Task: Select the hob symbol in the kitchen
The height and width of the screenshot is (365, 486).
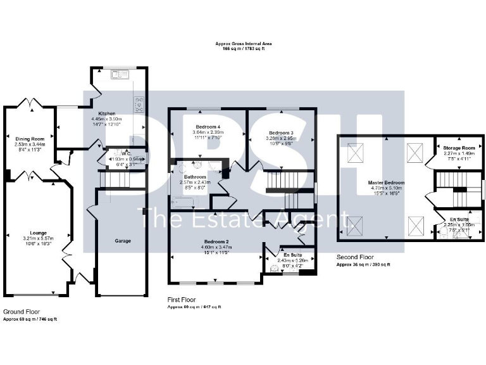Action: tap(139, 104)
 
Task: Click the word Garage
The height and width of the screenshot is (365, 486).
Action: tap(123, 241)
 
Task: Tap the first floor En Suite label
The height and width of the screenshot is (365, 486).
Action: tap(292, 254)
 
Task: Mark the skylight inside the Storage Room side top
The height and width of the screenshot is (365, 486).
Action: tap(414, 151)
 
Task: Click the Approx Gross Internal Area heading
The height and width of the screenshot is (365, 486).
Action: tap(243, 44)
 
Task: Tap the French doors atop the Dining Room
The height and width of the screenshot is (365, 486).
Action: tap(29, 103)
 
